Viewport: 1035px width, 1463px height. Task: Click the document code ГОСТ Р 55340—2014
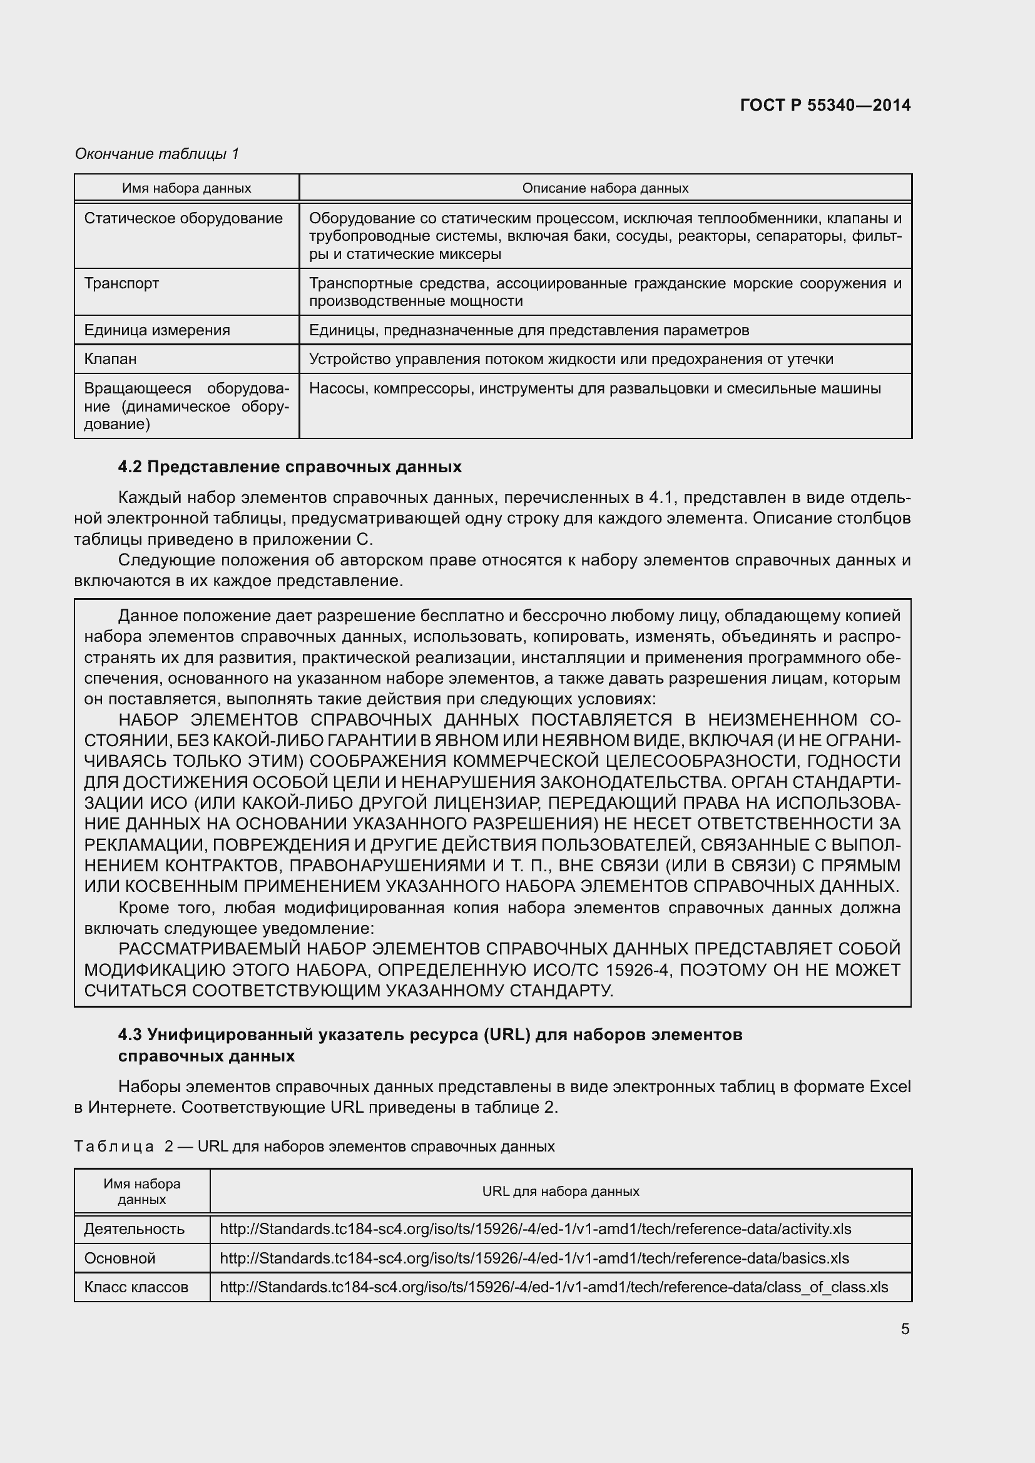[825, 105]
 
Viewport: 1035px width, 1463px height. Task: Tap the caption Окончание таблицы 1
[156, 154]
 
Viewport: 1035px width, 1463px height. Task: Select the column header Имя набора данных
[186, 188]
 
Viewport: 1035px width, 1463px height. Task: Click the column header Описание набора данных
[605, 188]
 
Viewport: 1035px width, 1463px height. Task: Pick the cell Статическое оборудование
[183, 218]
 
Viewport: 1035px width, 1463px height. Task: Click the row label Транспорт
[121, 283]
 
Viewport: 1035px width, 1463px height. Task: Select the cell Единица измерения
[157, 330]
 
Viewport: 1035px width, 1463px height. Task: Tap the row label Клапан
[110, 359]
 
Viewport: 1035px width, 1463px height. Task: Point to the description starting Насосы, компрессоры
[594, 388]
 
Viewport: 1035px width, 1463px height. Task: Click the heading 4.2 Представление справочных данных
[289, 467]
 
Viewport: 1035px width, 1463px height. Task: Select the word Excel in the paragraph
[890, 1086]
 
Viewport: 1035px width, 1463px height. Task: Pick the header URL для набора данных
[560, 1191]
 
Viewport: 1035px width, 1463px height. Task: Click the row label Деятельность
[134, 1228]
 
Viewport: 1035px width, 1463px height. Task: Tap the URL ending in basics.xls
[534, 1258]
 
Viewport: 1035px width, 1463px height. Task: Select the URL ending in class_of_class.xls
[553, 1287]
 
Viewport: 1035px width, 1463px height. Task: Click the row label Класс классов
[136, 1287]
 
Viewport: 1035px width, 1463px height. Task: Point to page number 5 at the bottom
[904, 1329]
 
